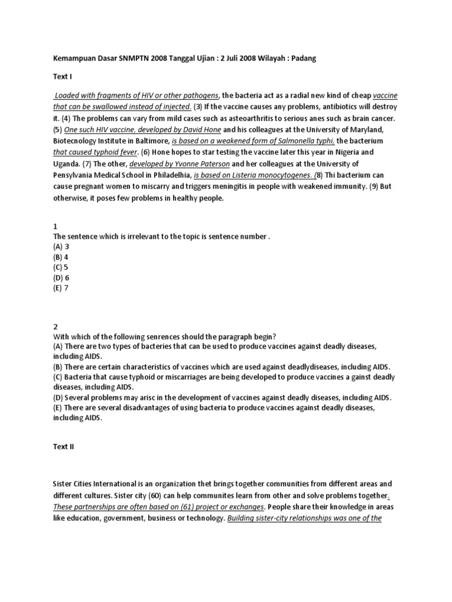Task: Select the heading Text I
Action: pos(62,76)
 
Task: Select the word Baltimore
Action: pos(148,141)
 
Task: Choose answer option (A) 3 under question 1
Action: pos(61,246)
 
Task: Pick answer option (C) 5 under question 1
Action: pos(61,266)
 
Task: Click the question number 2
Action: pos(55,326)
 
